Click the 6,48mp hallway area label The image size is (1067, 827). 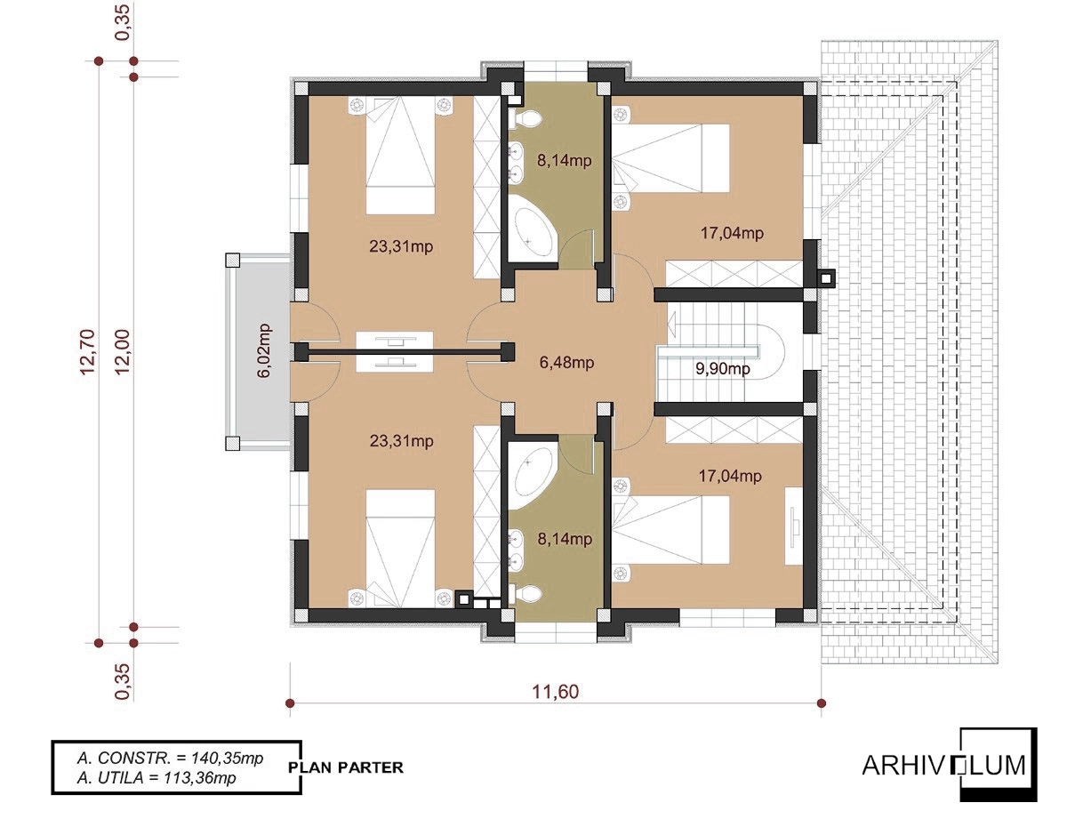click(566, 363)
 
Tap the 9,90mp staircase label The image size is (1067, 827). click(722, 368)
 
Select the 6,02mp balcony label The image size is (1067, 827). click(264, 350)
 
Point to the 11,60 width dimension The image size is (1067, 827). click(556, 692)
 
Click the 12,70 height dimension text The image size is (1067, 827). click(88, 351)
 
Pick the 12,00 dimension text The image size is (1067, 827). click(123, 351)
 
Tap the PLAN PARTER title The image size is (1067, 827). click(346, 767)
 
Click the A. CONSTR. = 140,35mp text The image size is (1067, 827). click(170, 758)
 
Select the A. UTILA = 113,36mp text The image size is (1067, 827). click(156, 778)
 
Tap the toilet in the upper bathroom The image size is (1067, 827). click(525, 118)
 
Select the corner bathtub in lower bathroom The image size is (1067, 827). click(533, 470)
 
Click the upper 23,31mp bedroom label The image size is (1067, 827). click(401, 246)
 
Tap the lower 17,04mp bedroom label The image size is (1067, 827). click(730, 476)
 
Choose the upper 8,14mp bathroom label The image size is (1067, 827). click(565, 161)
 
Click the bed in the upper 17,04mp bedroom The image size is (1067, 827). click(671, 157)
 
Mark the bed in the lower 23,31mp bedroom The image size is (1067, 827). click(401, 548)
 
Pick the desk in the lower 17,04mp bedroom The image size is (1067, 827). click(793, 526)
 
